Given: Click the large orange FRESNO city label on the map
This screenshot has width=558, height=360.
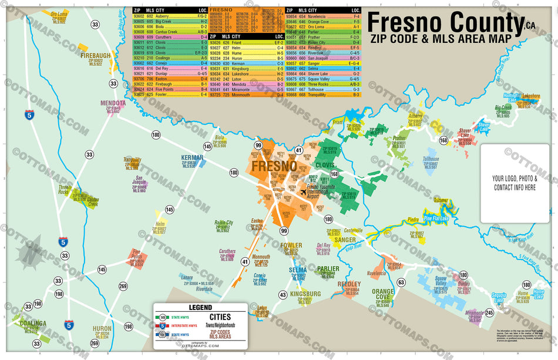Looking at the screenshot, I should pyautogui.click(x=274, y=166).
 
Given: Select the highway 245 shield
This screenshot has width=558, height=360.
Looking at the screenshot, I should pyautogui.click(x=489, y=312).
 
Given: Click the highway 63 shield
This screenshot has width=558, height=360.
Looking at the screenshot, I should pyautogui.click(x=401, y=282).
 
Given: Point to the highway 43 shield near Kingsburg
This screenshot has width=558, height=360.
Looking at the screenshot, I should pyautogui.click(x=283, y=294).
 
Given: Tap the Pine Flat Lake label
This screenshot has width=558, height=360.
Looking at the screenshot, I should pyautogui.click(x=436, y=218).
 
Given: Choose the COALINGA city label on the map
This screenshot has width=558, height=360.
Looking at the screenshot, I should pyautogui.click(x=32, y=323).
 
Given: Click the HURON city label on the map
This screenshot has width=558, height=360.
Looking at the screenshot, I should pyautogui.click(x=102, y=329).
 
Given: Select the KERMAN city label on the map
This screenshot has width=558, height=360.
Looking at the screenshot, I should pyautogui.click(x=192, y=157).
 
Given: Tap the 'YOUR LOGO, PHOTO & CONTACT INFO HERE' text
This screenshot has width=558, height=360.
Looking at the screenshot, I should pyautogui.click(x=514, y=183).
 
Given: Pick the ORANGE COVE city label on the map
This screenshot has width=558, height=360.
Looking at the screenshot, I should pyautogui.click(x=383, y=294).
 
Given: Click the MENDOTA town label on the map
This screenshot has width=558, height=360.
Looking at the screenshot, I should pyautogui.click(x=113, y=103).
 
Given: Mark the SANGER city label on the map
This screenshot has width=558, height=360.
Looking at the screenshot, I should pyautogui.click(x=345, y=240).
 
